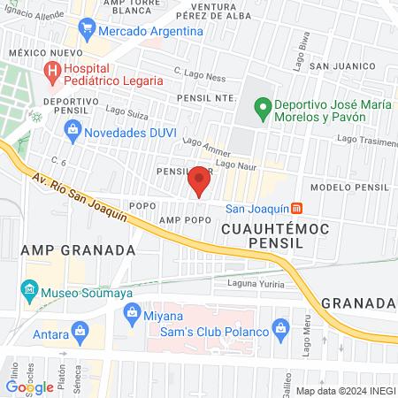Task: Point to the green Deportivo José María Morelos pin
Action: [262, 111]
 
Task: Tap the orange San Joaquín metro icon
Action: [298, 209]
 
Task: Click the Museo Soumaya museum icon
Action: [29, 290]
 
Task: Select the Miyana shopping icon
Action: [133, 311]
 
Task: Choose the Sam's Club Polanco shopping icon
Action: [281, 331]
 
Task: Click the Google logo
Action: [30, 387]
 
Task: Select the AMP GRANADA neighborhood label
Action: [79, 250]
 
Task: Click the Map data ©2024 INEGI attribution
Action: [343, 391]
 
